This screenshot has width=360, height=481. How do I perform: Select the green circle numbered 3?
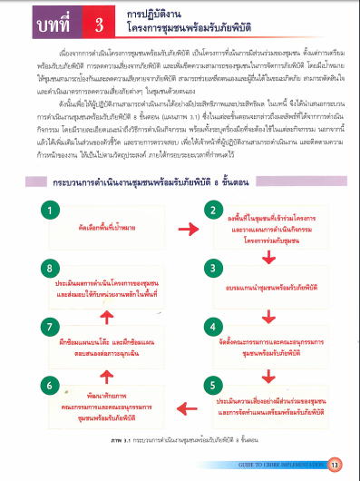click(x=214, y=270)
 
